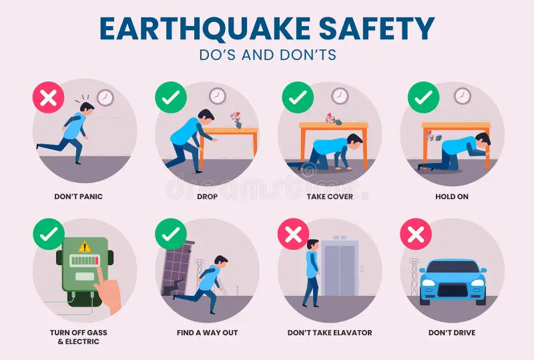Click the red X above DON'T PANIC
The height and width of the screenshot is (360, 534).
49,99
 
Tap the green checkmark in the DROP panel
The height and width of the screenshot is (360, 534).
171,99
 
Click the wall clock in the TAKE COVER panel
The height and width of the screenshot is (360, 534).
340,96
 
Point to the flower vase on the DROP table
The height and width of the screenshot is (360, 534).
236,120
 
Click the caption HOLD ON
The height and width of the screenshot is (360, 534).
452,197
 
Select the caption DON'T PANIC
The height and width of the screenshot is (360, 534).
79,197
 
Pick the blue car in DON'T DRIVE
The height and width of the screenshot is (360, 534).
452,281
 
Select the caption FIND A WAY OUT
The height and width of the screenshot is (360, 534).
207,333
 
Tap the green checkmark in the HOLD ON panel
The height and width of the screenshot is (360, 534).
423,99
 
